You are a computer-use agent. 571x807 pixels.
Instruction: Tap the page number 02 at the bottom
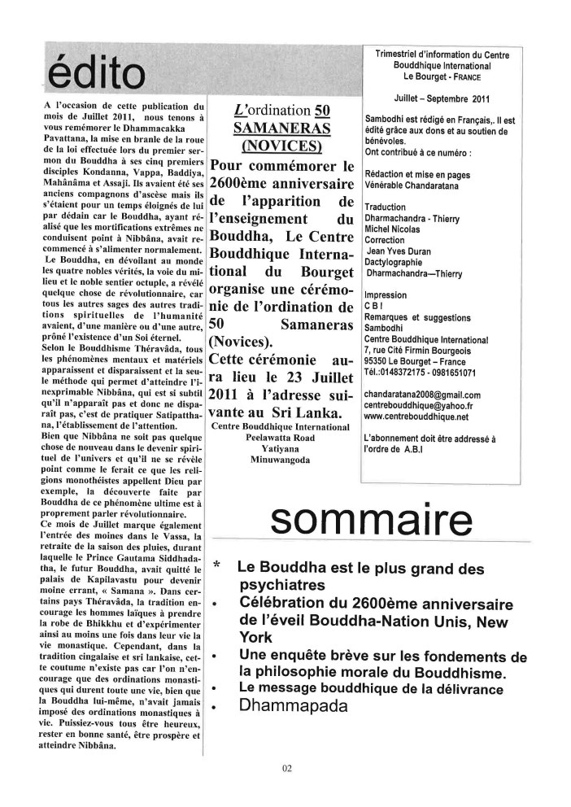click(x=286, y=767)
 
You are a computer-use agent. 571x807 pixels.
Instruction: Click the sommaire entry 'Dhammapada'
click(x=294, y=706)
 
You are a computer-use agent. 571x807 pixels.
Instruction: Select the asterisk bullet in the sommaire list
click(x=216, y=565)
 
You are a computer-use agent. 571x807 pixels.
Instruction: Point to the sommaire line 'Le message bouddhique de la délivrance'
click(x=372, y=688)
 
